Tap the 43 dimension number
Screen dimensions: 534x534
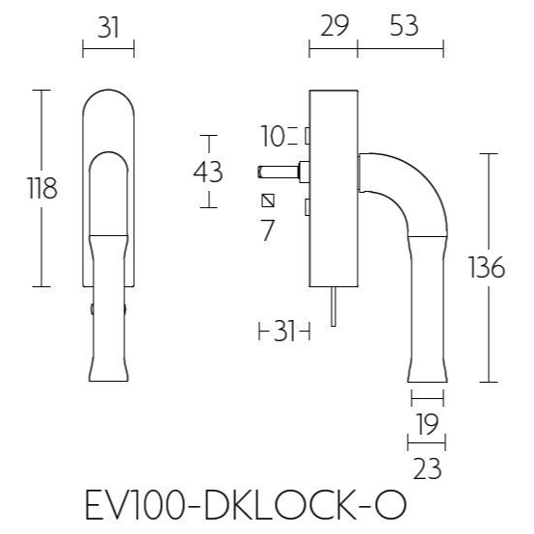pos(208,173)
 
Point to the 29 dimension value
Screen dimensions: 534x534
pos(333,26)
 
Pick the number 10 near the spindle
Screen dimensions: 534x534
pos(273,136)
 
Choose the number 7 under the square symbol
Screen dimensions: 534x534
pos(268,230)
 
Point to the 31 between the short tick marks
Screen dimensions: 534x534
pos(283,333)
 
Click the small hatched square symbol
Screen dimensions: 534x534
pos(268,200)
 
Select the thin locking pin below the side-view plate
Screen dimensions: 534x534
pos(332,309)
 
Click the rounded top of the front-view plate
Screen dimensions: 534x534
pos(109,99)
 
